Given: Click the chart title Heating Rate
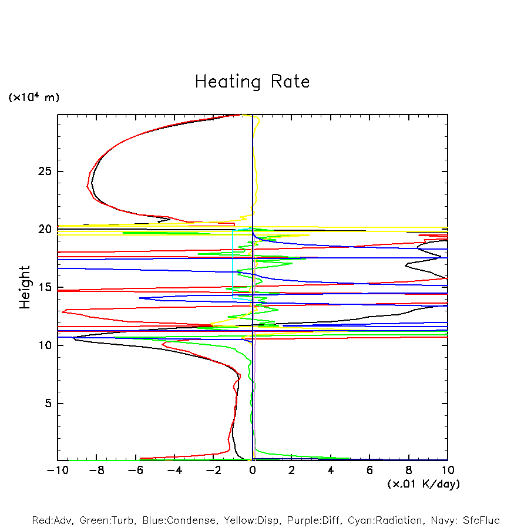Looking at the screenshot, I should [252, 82].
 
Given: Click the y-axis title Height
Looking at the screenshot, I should [25, 287].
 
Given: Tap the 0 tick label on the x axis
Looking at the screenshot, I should [253, 470].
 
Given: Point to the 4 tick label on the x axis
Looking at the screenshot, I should [331, 470].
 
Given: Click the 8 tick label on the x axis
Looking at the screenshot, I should [409, 470].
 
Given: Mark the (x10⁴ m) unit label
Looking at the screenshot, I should [33, 98].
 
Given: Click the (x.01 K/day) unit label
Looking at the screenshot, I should [423, 484].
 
